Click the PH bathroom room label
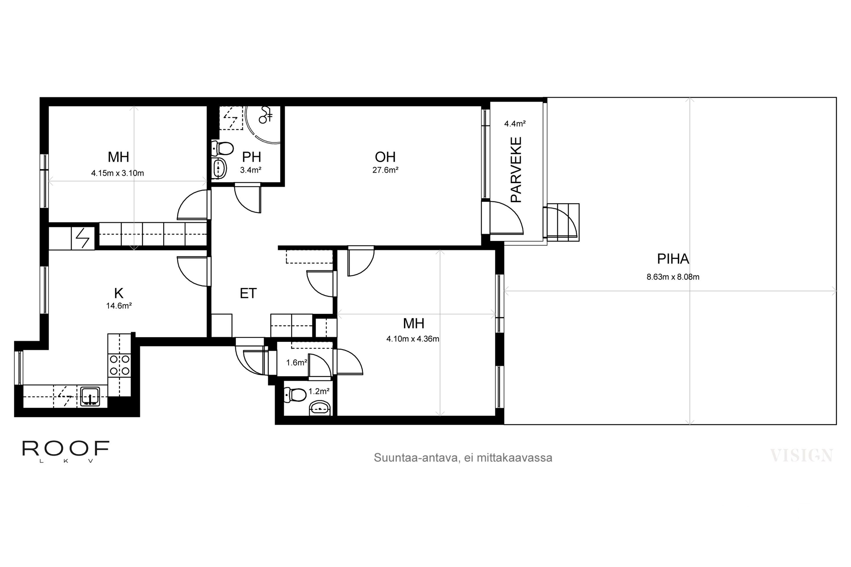tap(251, 157)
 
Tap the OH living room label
tap(385, 157)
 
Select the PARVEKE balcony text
tap(516, 169)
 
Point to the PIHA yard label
tap(673, 259)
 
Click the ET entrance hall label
tap(248, 293)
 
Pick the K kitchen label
tap(119, 293)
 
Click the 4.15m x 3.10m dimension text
tap(118, 173)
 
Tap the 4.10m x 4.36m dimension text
tap(413, 339)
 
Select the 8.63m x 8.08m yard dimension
tap(673, 277)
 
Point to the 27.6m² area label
tap(385, 170)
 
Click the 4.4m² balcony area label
tap(515, 124)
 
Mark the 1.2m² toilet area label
tap(319, 391)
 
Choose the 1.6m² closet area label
tap(297, 362)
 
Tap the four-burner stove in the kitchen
tap(119, 365)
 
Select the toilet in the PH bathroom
tap(222, 148)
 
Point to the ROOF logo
tap(66, 451)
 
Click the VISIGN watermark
tap(801, 456)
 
